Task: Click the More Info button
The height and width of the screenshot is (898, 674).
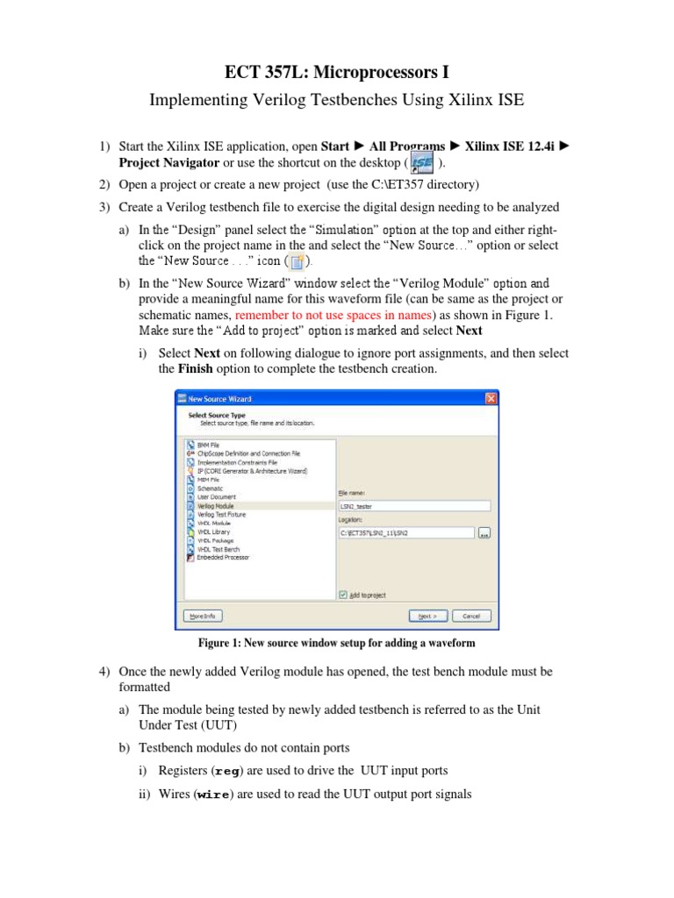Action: tap(203, 616)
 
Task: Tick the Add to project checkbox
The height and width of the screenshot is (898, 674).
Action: tap(343, 595)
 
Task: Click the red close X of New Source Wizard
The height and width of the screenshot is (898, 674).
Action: tap(491, 398)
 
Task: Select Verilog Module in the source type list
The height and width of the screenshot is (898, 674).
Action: tap(215, 507)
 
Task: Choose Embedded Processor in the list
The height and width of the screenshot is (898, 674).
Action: tap(223, 558)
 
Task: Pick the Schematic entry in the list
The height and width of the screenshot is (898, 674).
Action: tap(210, 488)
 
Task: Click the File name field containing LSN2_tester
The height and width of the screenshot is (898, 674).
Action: tap(414, 506)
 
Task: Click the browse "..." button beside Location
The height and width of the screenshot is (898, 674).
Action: tap(484, 532)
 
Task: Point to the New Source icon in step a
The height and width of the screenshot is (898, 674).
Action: tap(297, 261)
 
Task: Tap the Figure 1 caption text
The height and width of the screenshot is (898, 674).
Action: tap(336, 644)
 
